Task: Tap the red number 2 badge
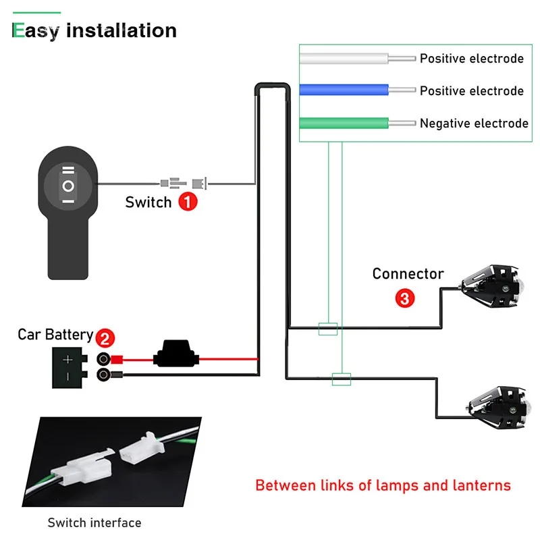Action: (105, 337)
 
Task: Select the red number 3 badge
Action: (404, 298)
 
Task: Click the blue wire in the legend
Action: (344, 90)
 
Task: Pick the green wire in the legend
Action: (344, 123)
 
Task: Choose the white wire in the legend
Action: (344, 59)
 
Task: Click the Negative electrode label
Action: (474, 123)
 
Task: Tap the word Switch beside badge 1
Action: (148, 202)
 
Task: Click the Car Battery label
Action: (55, 334)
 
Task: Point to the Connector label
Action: (408, 273)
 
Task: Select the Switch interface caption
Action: (94, 522)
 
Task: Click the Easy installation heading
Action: (94, 30)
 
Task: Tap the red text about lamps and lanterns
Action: (383, 485)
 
